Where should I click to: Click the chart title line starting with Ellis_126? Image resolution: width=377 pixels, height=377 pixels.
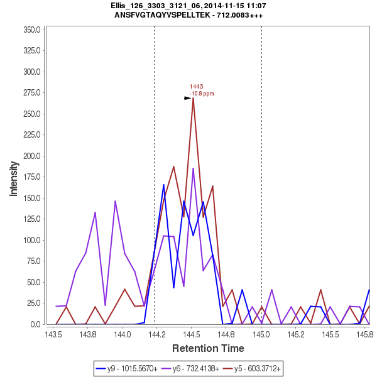pos(188,6)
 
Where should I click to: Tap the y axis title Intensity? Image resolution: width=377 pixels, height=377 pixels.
pos(13,177)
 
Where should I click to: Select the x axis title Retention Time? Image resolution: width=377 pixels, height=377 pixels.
pos(208,347)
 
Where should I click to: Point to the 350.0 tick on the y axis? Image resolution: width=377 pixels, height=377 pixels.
pos(31,30)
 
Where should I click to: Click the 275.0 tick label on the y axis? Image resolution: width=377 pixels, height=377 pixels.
pos(31,93)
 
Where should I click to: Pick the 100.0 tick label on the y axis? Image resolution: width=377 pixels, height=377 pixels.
pos(31,240)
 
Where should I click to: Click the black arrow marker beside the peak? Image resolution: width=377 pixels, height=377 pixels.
pos(187,98)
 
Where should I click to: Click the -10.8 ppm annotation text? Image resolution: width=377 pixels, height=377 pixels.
pos(202,94)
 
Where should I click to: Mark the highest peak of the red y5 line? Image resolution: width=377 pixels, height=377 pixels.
pos(194,98)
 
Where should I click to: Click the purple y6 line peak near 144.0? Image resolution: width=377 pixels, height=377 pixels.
pos(115,201)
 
